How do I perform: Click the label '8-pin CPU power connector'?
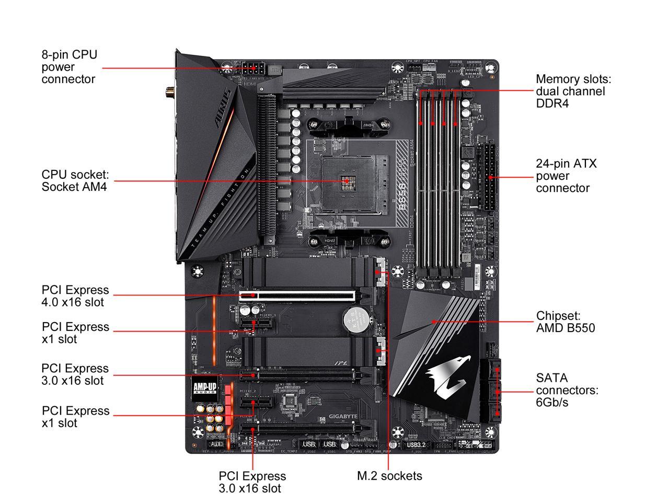(x=69, y=67)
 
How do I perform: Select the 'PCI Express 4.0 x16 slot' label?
(x=75, y=296)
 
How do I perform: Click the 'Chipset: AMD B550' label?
(x=566, y=322)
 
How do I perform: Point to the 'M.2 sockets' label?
(x=389, y=476)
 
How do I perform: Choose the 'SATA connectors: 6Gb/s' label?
(x=567, y=390)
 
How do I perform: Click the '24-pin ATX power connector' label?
(x=566, y=176)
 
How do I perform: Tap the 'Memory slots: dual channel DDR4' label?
(x=573, y=91)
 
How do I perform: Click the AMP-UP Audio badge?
(x=205, y=387)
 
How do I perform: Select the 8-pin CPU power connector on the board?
(x=253, y=68)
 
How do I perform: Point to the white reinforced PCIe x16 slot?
(x=298, y=295)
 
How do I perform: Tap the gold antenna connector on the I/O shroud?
(x=171, y=94)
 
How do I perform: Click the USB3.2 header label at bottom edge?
(x=416, y=445)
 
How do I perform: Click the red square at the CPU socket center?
(x=347, y=181)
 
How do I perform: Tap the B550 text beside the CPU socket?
(x=402, y=196)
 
